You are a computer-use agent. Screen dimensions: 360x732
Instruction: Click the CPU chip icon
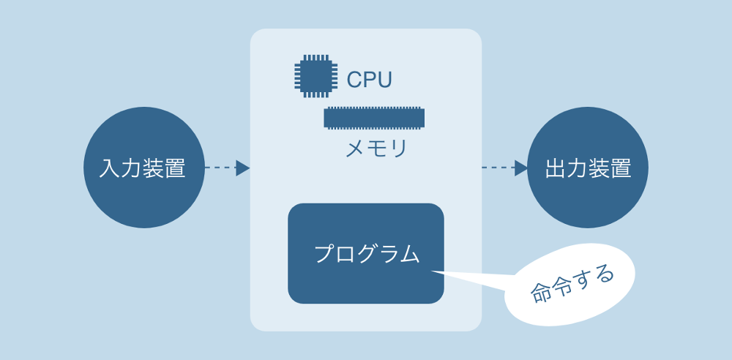pos(315,76)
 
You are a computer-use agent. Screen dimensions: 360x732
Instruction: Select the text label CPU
pos(369,79)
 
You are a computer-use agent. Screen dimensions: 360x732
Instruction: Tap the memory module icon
pos(373,118)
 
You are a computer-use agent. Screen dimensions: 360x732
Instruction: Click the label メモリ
pos(376,149)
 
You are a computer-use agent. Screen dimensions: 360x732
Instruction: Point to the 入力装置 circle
pos(143,168)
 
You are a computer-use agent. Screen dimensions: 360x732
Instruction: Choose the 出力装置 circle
pos(588,168)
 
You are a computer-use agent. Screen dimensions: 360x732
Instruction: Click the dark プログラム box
pos(366,253)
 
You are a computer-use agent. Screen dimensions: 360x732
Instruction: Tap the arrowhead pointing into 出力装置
pos(521,168)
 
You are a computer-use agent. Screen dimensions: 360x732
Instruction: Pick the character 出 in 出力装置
pos(556,168)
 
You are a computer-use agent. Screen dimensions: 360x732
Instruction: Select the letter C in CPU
pos(354,79)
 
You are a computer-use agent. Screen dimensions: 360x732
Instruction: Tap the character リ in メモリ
pos(398,149)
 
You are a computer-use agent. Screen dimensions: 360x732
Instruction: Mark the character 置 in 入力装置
pos(175,168)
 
